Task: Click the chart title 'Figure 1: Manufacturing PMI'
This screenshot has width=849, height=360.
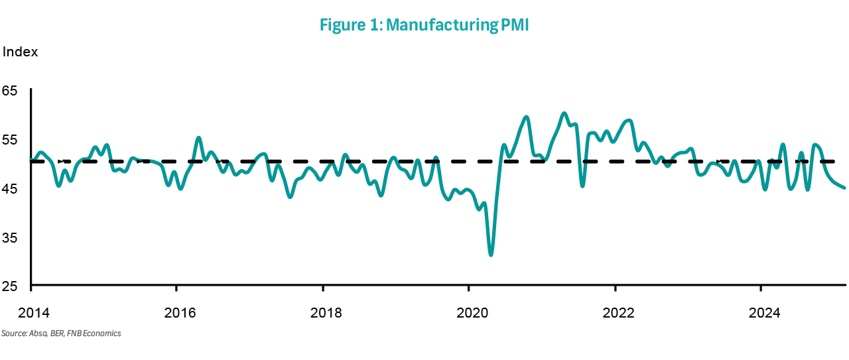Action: (424, 25)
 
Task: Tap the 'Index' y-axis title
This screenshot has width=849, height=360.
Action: (21, 52)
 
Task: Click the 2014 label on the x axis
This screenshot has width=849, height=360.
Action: (31, 312)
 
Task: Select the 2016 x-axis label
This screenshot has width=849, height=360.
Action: (176, 312)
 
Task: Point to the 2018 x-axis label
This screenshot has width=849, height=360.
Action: (322, 312)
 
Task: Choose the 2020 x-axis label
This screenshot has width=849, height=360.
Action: (468, 312)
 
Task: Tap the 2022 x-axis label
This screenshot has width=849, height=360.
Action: (615, 312)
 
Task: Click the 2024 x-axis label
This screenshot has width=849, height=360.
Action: (761, 312)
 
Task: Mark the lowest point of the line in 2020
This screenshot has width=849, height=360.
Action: (491, 255)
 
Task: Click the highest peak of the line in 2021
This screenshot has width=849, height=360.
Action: (564, 113)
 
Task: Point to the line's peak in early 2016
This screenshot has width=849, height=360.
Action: (199, 138)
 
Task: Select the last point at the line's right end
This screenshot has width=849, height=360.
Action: (844, 188)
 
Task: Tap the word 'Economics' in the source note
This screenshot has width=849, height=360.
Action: (103, 333)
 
